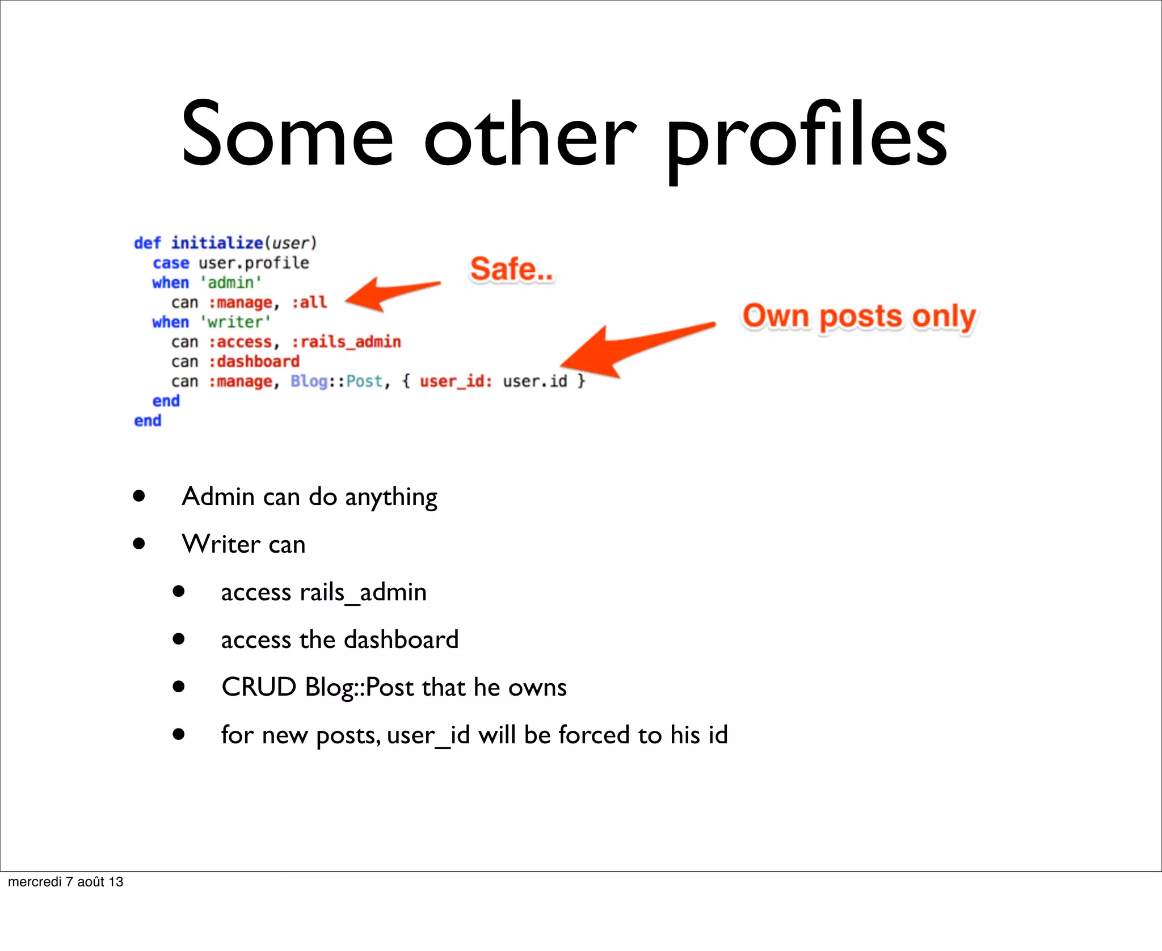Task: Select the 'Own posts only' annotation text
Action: [859, 316]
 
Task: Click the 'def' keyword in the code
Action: [147, 243]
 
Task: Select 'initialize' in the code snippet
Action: [217, 243]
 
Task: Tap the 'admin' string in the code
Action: [231, 283]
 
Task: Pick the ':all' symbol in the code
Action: [309, 302]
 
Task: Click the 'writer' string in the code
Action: [235, 322]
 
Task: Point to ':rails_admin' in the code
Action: [346, 342]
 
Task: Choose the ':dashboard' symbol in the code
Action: [254, 361]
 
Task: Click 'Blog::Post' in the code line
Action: [336, 381]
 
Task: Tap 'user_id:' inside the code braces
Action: [456, 381]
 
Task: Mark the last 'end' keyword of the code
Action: [148, 420]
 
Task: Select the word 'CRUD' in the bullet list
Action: [259, 687]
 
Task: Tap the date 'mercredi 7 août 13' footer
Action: [66, 882]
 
